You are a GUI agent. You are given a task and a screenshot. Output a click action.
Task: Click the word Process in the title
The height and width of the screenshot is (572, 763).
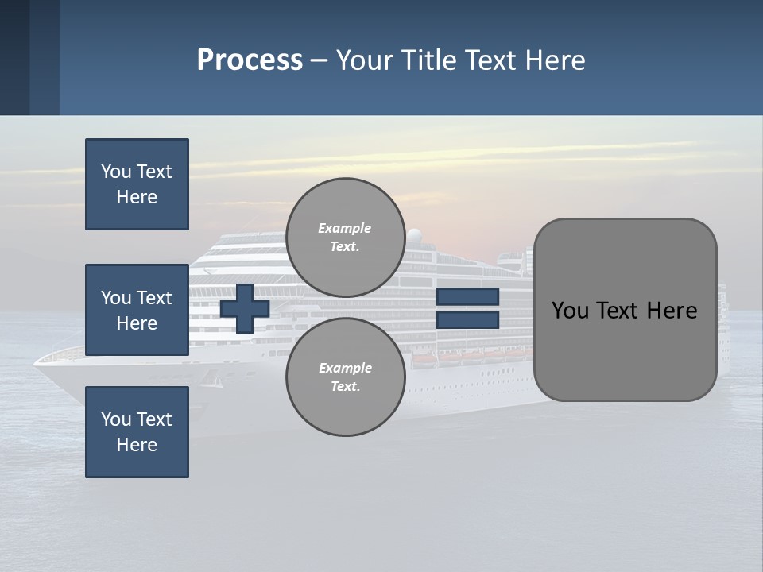(250, 60)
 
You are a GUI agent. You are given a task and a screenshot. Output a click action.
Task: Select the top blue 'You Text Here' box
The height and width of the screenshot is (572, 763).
(137, 184)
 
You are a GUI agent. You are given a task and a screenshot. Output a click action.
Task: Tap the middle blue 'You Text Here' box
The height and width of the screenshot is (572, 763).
(137, 310)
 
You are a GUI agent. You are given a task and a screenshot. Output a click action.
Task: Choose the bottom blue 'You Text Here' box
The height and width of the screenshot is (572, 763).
(137, 432)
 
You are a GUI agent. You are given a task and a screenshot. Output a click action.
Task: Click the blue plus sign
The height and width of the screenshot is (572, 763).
(245, 308)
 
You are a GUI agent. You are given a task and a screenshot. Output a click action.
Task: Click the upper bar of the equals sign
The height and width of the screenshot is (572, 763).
(467, 296)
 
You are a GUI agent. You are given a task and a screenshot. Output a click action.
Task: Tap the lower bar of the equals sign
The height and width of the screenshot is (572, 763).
(467, 319)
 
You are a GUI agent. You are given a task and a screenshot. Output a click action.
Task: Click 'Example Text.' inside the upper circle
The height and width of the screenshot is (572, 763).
(345, 237)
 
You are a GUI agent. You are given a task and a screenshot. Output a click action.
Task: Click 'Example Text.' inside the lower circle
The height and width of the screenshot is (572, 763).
(345, 377)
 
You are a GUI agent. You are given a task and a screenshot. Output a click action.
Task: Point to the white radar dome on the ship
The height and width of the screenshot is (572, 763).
(414, 235)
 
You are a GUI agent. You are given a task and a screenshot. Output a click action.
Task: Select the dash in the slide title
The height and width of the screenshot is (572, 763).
(320, 60)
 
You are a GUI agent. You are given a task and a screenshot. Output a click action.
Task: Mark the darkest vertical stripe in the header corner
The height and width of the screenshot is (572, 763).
(14, 57)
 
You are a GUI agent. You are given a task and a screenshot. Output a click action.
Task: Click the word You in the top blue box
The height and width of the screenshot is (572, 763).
(115, 172)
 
